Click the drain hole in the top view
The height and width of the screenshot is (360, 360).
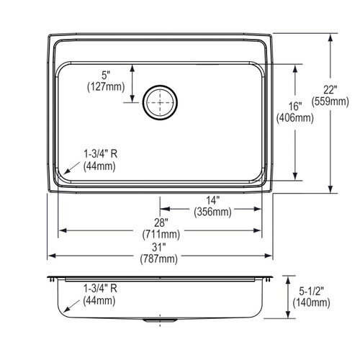pos(160,102)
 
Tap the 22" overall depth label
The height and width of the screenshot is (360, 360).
pos(330,90)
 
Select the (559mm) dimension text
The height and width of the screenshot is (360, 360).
pos(330,102)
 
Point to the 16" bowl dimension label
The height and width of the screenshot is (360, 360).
pos(295,107)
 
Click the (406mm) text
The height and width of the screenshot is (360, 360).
pos(295,118)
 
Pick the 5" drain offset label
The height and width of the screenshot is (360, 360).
pos(106,76)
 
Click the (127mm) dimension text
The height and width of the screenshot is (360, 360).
pos(106,86)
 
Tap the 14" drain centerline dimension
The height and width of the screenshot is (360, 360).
pos(213,201)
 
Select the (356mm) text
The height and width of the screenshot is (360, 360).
pos(213,212)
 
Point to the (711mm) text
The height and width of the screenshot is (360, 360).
pos(161,234)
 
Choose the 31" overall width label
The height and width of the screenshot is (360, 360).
pos(159,248)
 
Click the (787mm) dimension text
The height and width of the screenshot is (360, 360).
pos(159,259)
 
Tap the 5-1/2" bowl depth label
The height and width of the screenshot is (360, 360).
pos(311,292)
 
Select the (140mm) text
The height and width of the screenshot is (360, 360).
pos(311,302)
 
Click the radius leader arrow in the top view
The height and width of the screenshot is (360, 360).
pos(72,168)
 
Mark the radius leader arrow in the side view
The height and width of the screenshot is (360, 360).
pos(72,306)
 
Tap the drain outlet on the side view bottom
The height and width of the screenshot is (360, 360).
pos(160,320)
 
